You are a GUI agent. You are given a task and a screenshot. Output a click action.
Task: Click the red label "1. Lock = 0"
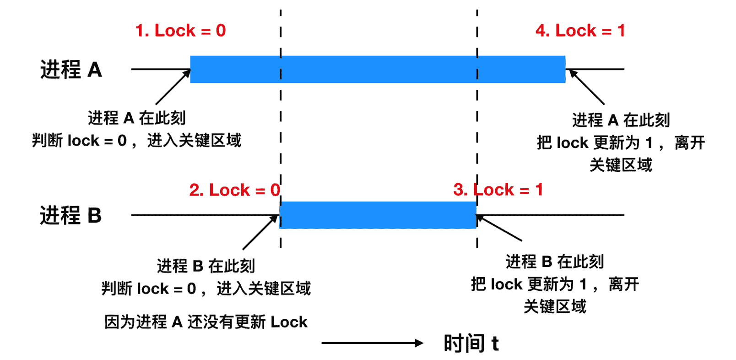pyautogui.click(x=180, y=31)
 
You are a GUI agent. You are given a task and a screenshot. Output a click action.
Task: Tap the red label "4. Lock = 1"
pyautogui.click(x=580, y=31)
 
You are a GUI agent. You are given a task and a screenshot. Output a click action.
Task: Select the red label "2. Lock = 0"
pyautogui.click(x=234, y=190)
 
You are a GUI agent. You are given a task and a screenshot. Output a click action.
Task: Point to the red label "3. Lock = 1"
pyautogui.click(x=498, y=190)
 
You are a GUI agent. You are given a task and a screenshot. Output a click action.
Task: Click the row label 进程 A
pyautogui.click(x=71, y=70)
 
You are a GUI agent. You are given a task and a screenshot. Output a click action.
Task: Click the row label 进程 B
pyautogui.click(x=70, y=215)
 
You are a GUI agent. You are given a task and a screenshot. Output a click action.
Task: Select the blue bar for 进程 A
pyautogui.click(x=378, y=69)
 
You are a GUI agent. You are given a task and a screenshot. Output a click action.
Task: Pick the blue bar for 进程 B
pyautogui.click(x=378, y=215)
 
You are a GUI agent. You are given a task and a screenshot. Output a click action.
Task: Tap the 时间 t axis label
pyautogui.click(x=471, y=343)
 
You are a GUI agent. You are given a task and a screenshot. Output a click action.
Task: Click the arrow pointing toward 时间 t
pyautogui.click(x=372, y=343)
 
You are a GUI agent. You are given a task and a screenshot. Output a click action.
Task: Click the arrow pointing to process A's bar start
pyautogui.click(x=173, y=87)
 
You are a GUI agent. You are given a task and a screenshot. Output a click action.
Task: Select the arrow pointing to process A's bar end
pyautogui.click(x=587, y=87)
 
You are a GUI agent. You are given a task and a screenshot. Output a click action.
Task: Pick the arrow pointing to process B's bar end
pyautogui.click(x=499, y=228)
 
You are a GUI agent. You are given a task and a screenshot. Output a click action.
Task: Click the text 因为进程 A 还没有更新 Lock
pyautogui.click(x=206, y=322)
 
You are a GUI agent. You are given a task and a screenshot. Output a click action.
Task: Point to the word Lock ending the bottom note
pyautogui.click(x=289, y=322)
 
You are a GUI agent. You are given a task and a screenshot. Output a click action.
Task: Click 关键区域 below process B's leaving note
pyautogui.click(x=555, y=306)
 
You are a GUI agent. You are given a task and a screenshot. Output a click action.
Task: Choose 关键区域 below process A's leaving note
pyautogui.click(x=621, y=165)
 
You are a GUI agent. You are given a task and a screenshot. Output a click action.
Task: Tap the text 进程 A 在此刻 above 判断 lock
pyautogui.click(x=136, y=118)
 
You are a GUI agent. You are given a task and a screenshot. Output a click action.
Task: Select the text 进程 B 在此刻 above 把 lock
pyautogui.click(x=555, y=262)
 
